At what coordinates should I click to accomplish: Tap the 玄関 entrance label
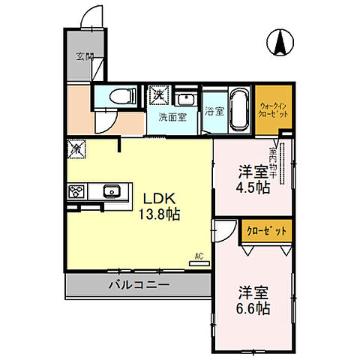click(x=84, y=57)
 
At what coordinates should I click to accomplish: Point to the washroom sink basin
click(x=184, y=98)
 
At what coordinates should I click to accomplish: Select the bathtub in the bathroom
click(x=239, y=109)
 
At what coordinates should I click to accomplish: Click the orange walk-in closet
click(x=273, y=111)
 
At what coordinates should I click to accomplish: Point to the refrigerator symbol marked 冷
click(x=76, y=149)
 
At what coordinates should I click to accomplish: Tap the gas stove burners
click(x=76, y=192)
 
